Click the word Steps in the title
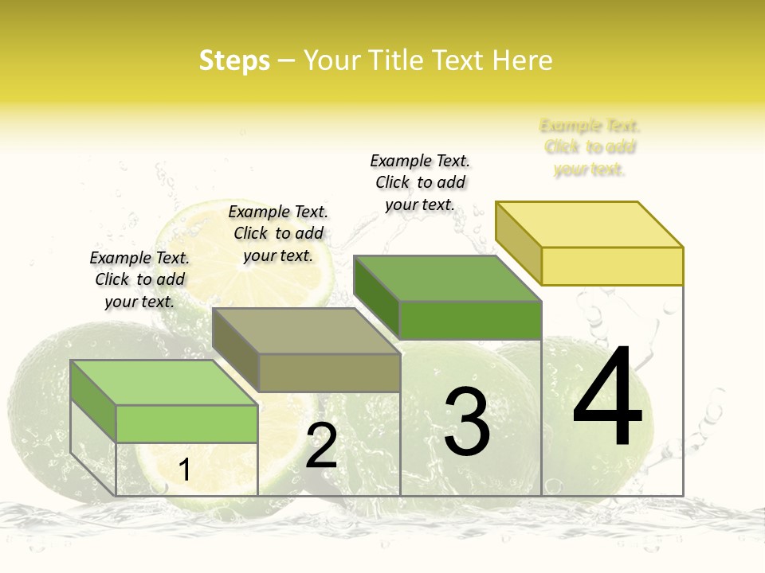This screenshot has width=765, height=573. click(234, 60)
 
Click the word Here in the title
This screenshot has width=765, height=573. click(522, 60)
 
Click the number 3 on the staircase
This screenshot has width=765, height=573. click(467, 421)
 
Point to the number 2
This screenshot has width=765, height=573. click(321, 446)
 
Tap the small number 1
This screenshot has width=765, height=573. click(184, 470)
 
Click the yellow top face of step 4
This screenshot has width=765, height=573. click(590, 224)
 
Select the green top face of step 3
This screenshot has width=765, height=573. click(448, 279)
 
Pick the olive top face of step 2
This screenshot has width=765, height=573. click(306, 331)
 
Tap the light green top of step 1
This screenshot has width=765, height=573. click(164, 383)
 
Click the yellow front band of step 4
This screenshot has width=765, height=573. click(612, 266)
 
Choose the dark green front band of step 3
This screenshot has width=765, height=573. click(470, 320)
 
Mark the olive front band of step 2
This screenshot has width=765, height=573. click(329, 372)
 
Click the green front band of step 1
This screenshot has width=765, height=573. click(186, 423)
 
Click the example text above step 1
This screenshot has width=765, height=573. click(139, 279)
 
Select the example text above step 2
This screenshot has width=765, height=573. click(278, 233)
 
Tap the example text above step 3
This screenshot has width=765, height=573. click(420, 182)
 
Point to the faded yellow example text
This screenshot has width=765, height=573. click(590, 147)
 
